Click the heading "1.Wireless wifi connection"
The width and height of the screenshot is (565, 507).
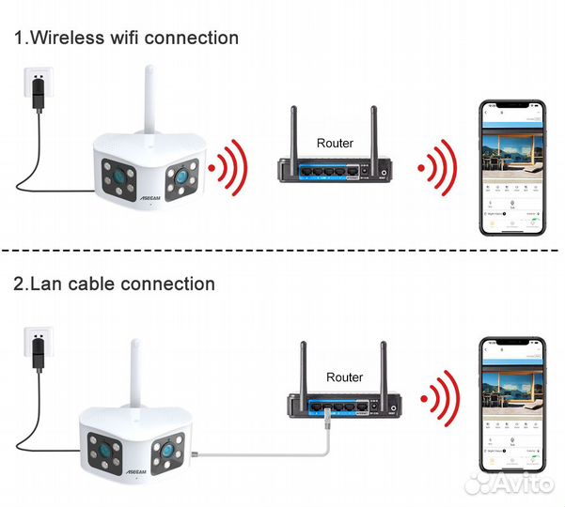[x=125, y=38]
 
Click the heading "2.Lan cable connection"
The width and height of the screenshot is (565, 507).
[x=114, y=283]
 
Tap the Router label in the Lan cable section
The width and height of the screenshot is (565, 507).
[x=344, y=376]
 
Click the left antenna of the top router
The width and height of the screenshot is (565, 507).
[x=294, y=131]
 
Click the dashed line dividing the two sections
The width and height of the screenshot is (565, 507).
[x=282, y=251]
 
